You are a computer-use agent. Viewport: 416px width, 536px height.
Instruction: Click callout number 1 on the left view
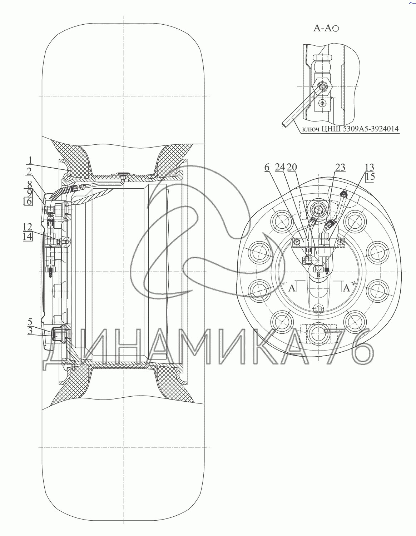point(30,160)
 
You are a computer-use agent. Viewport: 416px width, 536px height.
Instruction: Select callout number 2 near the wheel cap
point(29,171)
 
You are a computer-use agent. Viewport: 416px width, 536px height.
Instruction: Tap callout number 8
point(30,184)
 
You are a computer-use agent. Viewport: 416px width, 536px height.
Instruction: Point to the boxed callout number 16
point(28,201)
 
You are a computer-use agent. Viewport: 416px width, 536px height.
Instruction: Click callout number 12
point(28,227)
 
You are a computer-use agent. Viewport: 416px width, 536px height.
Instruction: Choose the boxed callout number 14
point(28,236)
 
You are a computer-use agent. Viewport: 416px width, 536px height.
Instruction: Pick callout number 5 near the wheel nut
point(30,322)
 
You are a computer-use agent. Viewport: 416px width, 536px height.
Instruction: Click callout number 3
point(30,331)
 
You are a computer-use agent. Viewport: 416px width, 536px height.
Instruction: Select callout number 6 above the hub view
point(267,167)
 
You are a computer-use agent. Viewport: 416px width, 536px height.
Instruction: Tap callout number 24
point(280,167)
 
